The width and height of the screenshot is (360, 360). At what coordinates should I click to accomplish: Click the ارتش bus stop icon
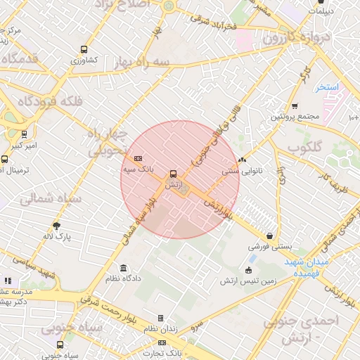click(173, 174)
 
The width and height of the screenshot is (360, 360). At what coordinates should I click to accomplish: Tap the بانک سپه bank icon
click(138, 158)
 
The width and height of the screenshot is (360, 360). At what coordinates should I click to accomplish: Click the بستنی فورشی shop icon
click(270, 236)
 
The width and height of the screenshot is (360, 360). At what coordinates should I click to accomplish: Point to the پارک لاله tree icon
click(57, 226)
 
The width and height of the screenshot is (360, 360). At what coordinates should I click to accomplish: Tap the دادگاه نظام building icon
click(124, 268)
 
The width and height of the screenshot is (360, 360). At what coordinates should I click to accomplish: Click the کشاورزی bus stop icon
click(84, 50)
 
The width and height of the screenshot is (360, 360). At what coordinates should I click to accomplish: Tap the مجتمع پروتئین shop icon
click(295, 106)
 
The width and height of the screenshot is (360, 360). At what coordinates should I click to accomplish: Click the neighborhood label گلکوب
click(304, 148)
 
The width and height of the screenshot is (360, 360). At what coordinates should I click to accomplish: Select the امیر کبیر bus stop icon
click(25, 134)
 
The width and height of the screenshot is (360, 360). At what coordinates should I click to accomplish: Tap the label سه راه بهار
click(144, 62)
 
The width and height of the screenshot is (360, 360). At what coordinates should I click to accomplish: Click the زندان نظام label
click(160, 329)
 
